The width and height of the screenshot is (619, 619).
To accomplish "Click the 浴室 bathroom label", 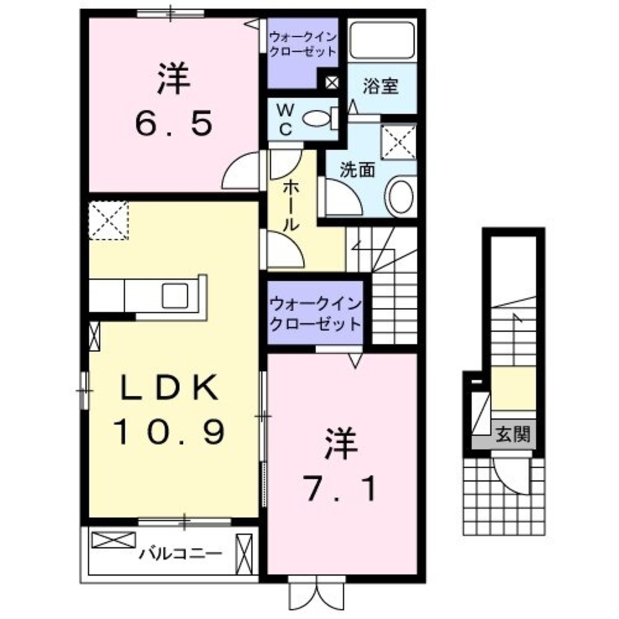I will click(x=380, y=86).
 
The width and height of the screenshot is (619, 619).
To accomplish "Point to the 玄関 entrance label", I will click(x=513, y=435).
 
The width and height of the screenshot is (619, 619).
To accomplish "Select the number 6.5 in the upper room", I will click(x=174, y=124).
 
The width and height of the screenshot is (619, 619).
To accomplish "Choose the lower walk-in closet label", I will click(x=315, y=314).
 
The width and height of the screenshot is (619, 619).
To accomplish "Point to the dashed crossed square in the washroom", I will click(x=399, y=142).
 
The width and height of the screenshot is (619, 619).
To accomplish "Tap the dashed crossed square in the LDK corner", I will click(x=108, y=220).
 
